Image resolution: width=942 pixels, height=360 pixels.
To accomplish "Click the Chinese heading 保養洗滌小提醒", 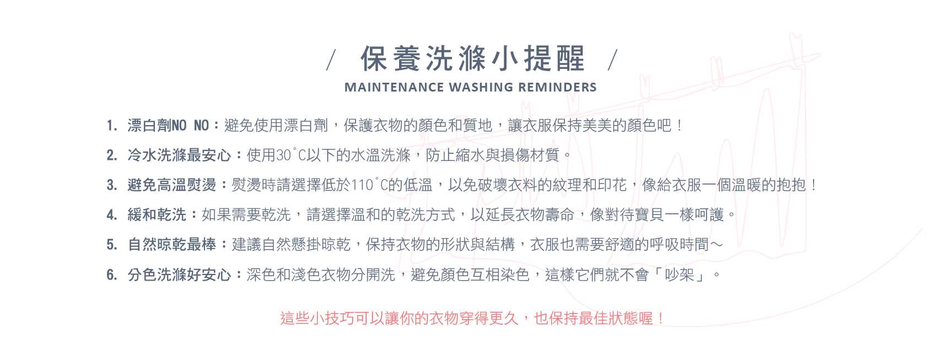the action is click(x=472, y=58).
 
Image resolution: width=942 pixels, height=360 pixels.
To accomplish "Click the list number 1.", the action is click(x=111, y=126).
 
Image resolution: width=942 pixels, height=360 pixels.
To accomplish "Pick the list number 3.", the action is click(x=111, y=185).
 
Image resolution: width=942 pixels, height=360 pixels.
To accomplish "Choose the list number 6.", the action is click(x=111, y=275).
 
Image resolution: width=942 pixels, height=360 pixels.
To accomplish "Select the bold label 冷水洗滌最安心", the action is click(x=179, y=155).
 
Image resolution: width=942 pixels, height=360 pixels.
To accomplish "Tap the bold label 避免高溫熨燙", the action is click(x=171, y=185).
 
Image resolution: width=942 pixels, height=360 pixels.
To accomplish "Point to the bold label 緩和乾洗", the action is click(x=157, y=215).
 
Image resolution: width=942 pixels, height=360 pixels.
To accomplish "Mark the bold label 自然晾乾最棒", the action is click(x=171, y=245).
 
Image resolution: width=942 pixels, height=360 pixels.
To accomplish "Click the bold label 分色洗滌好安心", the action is click(x=179, y=275).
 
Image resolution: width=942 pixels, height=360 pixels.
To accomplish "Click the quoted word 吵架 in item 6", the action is click(x=679, y=275).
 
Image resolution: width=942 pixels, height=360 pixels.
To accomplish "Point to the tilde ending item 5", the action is click(x=715, y=245).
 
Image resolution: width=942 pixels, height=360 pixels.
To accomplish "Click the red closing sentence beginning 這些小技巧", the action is click(x=472, y=318).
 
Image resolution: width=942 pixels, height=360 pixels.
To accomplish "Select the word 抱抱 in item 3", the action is click(x=791, y=185).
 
